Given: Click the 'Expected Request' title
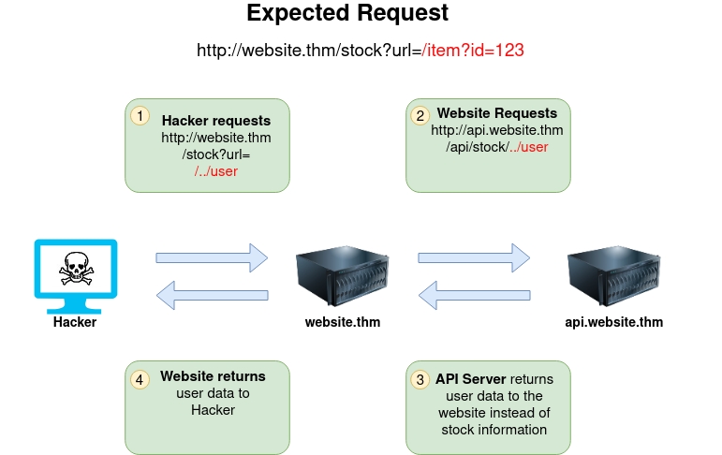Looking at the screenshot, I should click(x=347, y=14).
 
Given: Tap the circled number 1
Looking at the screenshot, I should click(x=140, y=116).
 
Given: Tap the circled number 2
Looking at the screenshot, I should click(x=420, y=116).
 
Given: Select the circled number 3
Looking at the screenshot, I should click(x=420, y=379).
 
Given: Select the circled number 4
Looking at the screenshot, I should click(x=140, y=379).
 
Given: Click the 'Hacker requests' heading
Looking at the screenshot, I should click(x=216, y=121).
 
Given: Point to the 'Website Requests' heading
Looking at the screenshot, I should click(x=497, y=113).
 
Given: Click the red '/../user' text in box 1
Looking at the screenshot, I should click(x=216, y=171).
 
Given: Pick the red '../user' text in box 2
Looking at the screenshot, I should click(x=528, y=147).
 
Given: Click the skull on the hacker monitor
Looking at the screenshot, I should click(x=75, y=270).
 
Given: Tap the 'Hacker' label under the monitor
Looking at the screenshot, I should click(x=75, y=322).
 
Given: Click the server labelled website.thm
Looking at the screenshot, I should click(x=343, y=276).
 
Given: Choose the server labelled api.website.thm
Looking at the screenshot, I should click(x=613, y=276).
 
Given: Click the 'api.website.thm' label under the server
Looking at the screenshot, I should click(x=613, y=322).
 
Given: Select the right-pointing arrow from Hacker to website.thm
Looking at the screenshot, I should click(x=212, y=257).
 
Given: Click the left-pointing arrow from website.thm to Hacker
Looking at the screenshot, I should click(x=212, y=296).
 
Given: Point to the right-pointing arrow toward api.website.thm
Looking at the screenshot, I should click(x=474, y=257).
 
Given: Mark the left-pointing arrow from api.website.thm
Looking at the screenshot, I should click(x=474, y=296).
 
